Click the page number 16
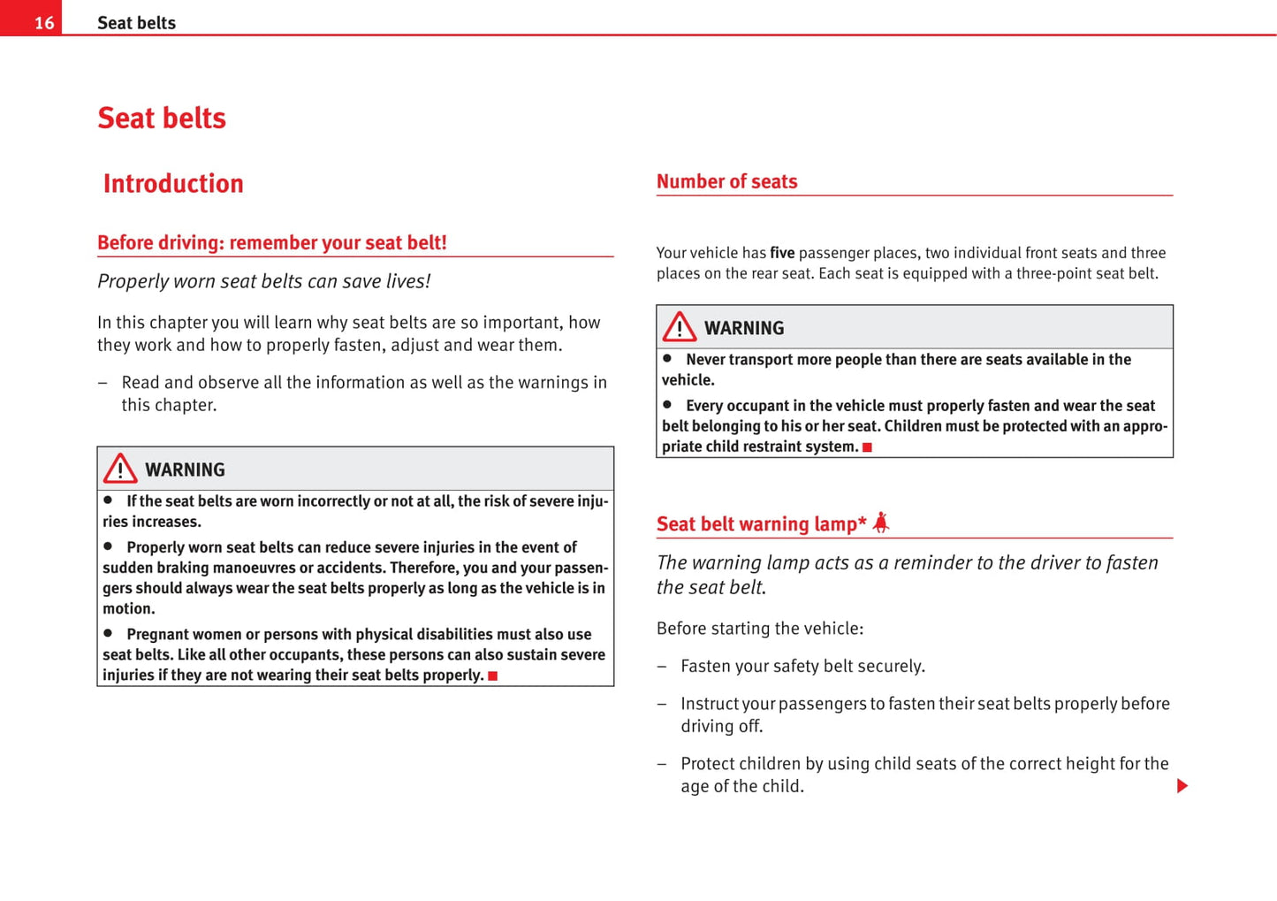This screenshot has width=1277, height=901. [44, 23]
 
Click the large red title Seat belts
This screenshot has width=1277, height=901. [162, 118]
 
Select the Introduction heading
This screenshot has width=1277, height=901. [173, 184]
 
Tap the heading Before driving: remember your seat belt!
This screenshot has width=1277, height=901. [272, 243]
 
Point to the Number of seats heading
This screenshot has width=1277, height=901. [726, 182]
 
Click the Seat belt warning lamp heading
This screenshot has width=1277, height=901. [761, 524]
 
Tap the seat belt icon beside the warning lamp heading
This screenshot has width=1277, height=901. [881, 523]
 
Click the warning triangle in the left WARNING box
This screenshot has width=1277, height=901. [120, 469]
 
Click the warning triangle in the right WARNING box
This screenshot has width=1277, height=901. [680, 327]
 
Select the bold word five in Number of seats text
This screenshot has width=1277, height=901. [782, 253]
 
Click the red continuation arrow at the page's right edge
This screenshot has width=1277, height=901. [1182, 786]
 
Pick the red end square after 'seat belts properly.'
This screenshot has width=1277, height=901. [493, 676]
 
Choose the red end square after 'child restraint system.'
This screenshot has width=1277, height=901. [867, 447]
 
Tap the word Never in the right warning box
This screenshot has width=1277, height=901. [705, 360]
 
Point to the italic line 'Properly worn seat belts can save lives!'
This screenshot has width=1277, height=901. [263, 282]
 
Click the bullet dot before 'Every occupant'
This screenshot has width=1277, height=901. [667, 405]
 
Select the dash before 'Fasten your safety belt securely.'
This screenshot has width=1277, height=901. [661, 667]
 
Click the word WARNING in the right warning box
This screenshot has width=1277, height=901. [744, 329]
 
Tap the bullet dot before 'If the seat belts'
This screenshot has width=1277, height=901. [108, 500]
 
